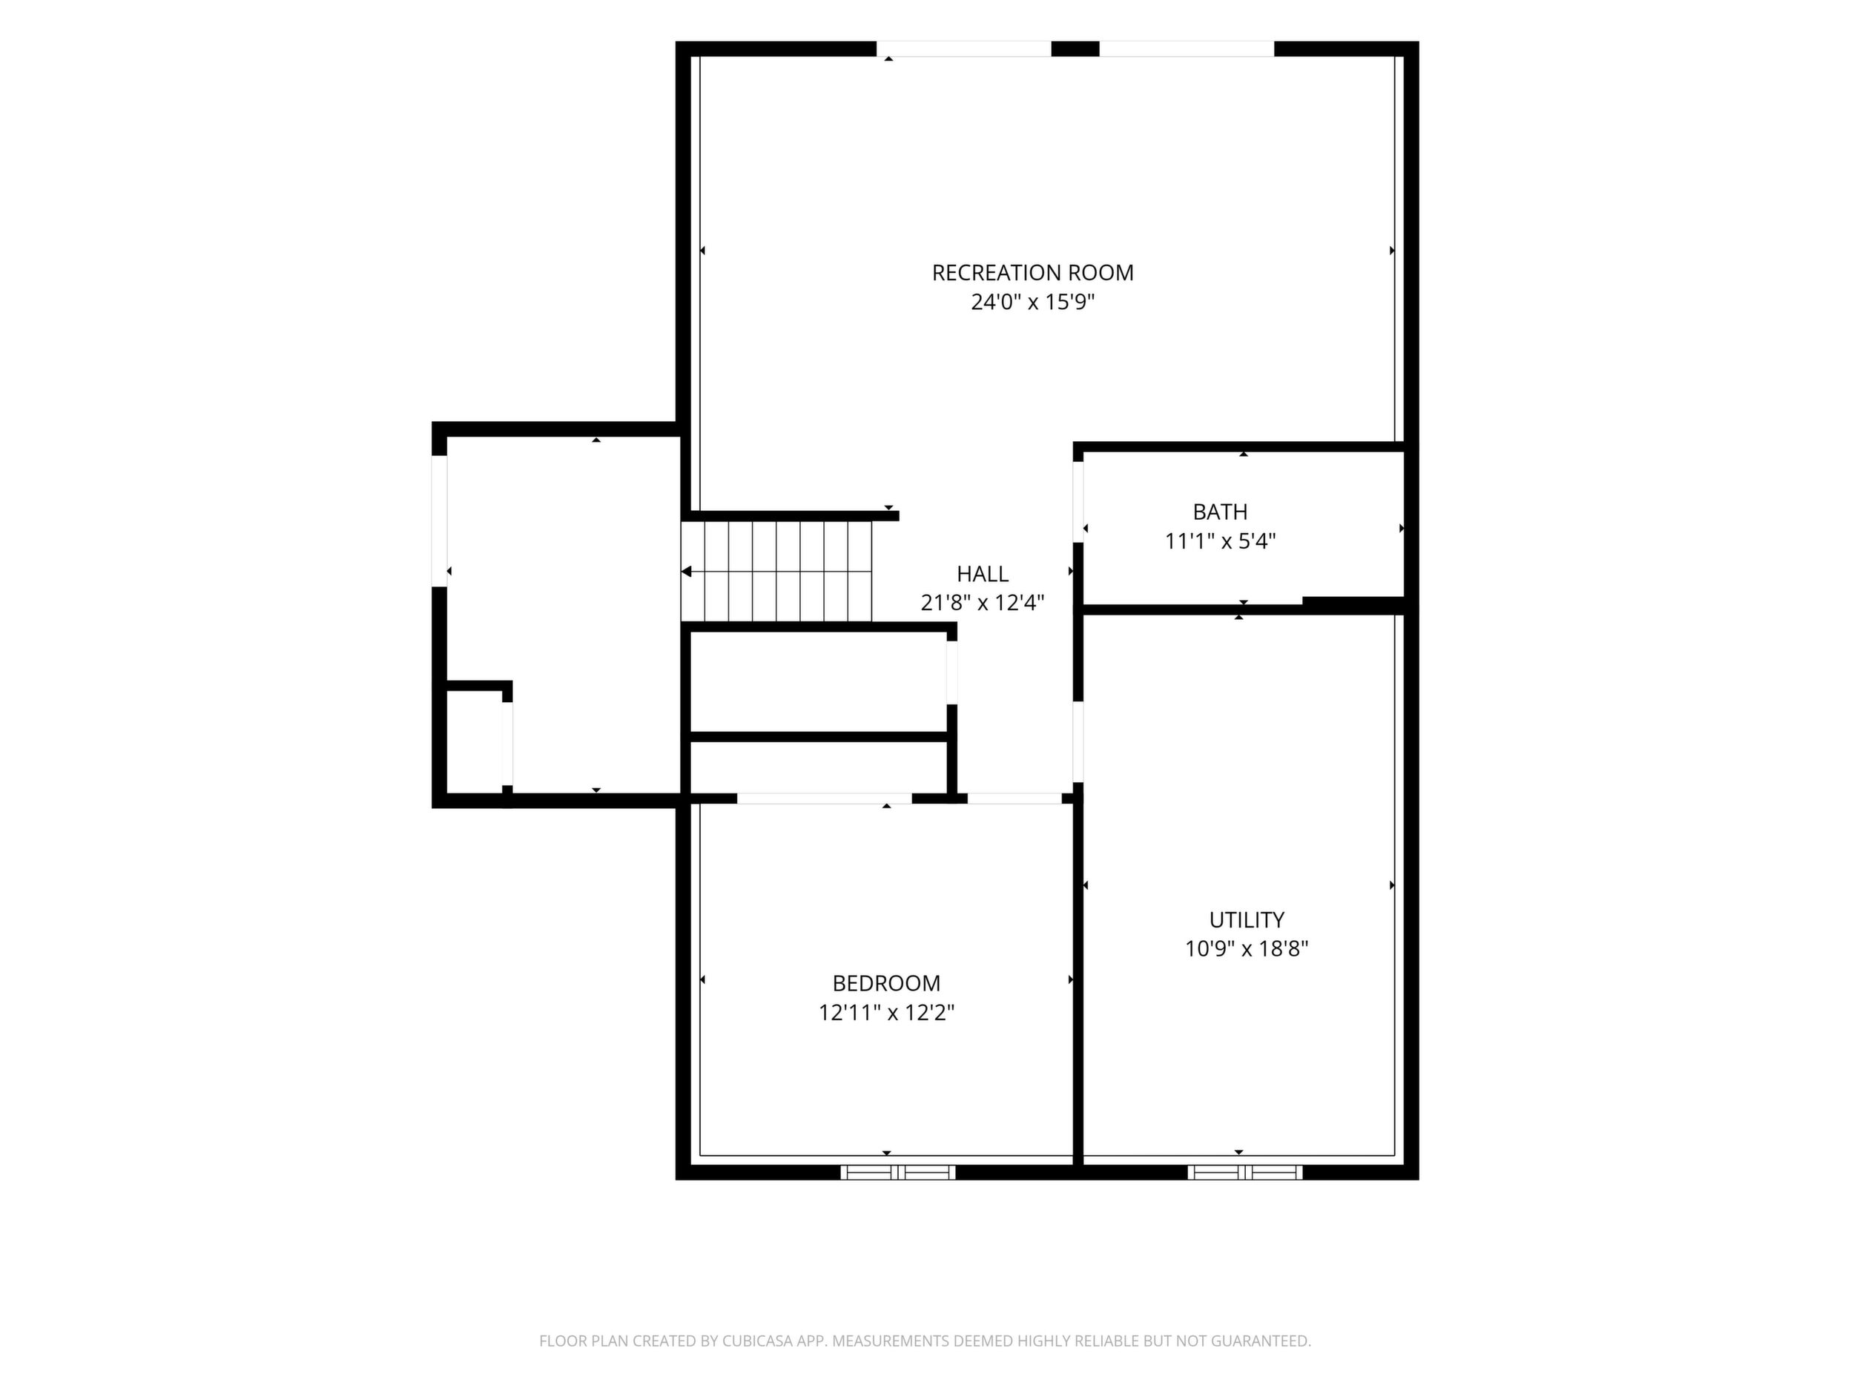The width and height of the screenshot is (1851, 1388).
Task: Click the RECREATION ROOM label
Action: pos(1032,273)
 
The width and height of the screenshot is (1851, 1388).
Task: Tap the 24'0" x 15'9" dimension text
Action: pos(1032,302)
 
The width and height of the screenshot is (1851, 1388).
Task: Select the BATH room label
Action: pos(1220,512)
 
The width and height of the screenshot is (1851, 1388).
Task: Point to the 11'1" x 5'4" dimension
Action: pos(1220,541)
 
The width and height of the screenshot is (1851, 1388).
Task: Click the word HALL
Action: pos(983,574)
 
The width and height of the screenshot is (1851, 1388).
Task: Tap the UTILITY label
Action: pos(1246,919)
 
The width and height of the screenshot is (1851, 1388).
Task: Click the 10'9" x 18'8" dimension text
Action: pos(1246,949)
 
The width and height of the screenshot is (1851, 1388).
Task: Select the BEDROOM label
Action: pos(886,983)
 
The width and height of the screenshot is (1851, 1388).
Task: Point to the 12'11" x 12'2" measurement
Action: pos(886,1012)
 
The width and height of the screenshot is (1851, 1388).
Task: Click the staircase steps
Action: pos(777,572)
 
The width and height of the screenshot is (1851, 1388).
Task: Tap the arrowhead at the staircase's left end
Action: pos(686,572)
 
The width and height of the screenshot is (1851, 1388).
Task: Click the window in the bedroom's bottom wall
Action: pos(898,1172)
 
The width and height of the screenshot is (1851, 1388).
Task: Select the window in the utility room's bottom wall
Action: pos(1245,1172)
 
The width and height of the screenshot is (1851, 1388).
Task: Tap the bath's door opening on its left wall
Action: pos(1078,502)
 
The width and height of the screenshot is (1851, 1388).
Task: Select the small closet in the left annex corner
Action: pos(474,741)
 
